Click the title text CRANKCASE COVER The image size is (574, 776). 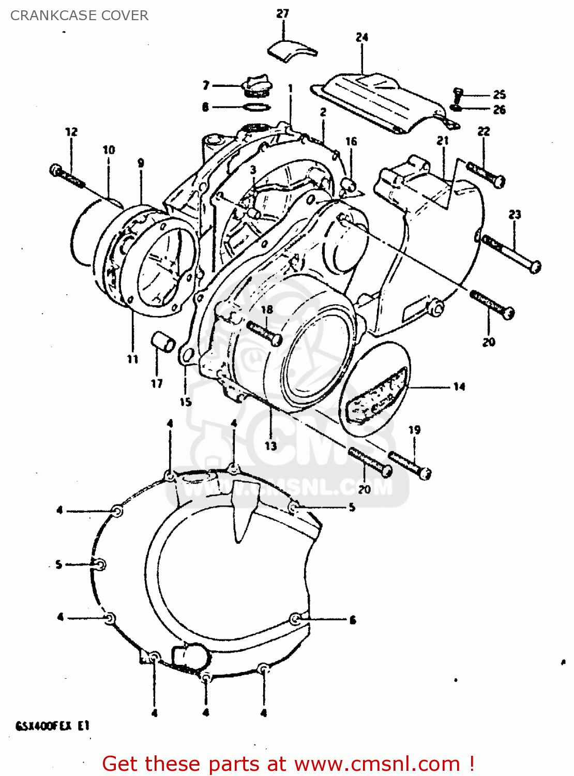79,16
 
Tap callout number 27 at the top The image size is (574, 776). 282,13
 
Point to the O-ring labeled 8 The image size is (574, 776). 256,107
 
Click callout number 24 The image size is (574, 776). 362,37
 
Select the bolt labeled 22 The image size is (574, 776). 486,175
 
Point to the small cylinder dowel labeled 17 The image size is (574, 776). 163,342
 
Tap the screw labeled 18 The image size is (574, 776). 264,333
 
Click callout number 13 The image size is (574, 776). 271,446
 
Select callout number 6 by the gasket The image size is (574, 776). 353,620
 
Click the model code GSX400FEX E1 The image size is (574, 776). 53,726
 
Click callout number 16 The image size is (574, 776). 351,141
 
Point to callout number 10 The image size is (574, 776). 109,150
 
